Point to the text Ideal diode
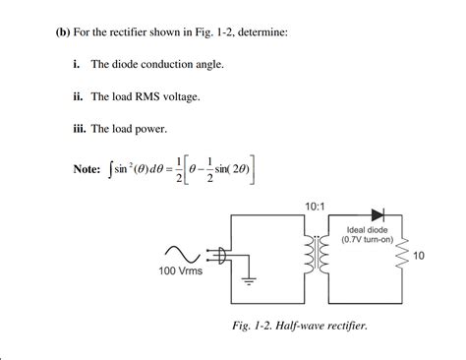click(368, 230)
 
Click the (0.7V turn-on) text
click(368, 240)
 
